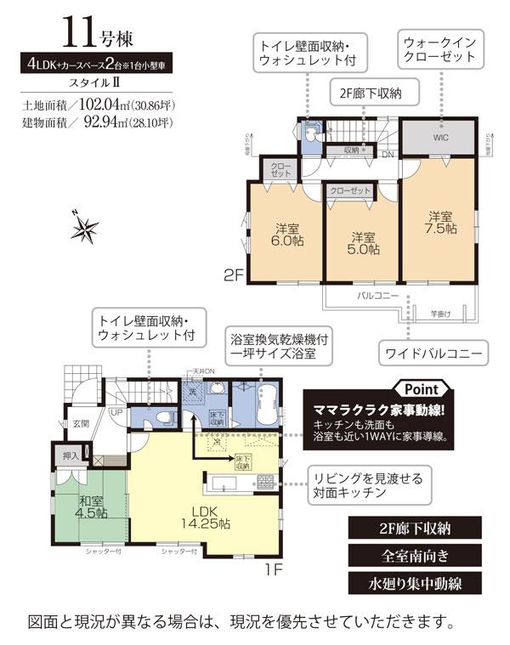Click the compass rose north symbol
click(86, 227)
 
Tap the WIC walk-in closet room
click(439, 136)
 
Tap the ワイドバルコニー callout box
click(435, 350)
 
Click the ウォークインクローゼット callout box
click(439, 48)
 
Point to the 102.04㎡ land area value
click(106, 108)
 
